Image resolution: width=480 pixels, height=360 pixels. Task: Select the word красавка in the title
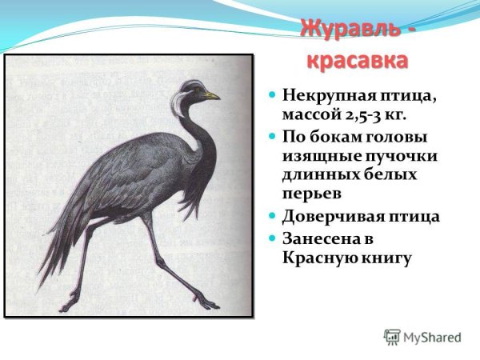tap(355, 61)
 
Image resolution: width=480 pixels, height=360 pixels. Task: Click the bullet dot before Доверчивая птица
tap(272, 216)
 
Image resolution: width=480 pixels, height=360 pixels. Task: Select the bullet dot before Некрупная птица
tap(272, 95)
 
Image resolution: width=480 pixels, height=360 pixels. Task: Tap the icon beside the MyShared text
tap(392, 337)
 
